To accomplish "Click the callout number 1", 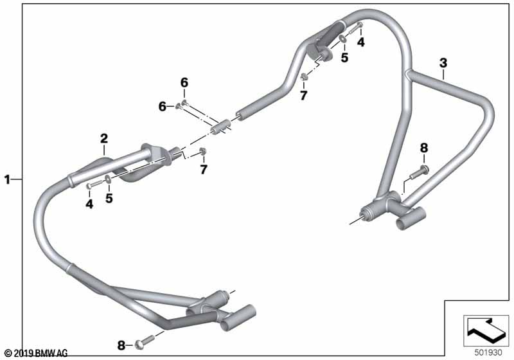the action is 7,179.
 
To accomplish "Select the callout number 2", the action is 104,139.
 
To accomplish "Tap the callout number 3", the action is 443,63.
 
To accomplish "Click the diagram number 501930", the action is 488,353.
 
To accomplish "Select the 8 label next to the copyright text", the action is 121,345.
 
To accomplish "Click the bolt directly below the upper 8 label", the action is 420,172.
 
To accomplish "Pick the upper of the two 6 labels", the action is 184,83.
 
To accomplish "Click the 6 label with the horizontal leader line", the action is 163,106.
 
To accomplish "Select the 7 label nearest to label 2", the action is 204,170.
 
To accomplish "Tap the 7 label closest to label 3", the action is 303,95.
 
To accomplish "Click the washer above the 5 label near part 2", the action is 107,179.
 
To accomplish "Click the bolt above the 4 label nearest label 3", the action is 355,28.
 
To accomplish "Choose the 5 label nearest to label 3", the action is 344,58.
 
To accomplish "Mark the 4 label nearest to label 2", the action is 89,204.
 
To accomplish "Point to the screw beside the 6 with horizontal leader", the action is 179,106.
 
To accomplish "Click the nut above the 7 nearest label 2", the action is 203,151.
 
